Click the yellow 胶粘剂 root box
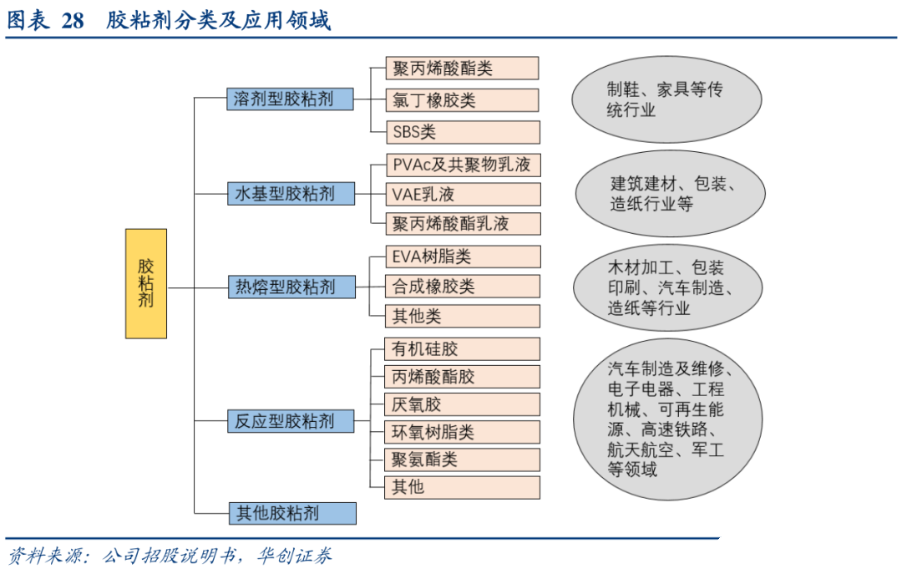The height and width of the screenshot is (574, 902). pos(146,283)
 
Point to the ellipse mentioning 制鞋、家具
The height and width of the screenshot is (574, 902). pos(666,100)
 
